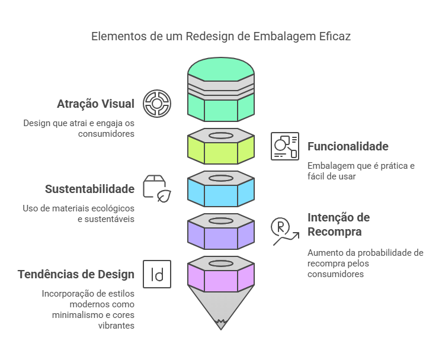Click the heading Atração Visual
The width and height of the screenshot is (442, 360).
point(95,104)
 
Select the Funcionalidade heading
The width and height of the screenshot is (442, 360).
point(348,146)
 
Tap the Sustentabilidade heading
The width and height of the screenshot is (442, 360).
point(89,189)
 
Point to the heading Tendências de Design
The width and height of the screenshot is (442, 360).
point(76,274)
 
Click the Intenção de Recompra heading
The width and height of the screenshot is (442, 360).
point(338,224)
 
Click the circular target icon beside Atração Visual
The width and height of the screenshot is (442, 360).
point(157,104)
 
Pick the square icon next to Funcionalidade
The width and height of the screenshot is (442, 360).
point(284,146)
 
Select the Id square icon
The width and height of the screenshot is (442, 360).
point(157,274)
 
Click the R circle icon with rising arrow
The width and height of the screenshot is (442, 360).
point(284,231)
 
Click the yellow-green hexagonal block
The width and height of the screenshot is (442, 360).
point(221,150)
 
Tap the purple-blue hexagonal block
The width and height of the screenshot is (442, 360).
point(221,234)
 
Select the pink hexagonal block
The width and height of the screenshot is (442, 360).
point(221,277)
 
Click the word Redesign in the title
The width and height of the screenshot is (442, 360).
point(209,36)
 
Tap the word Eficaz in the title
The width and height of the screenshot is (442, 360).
point(337,36)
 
